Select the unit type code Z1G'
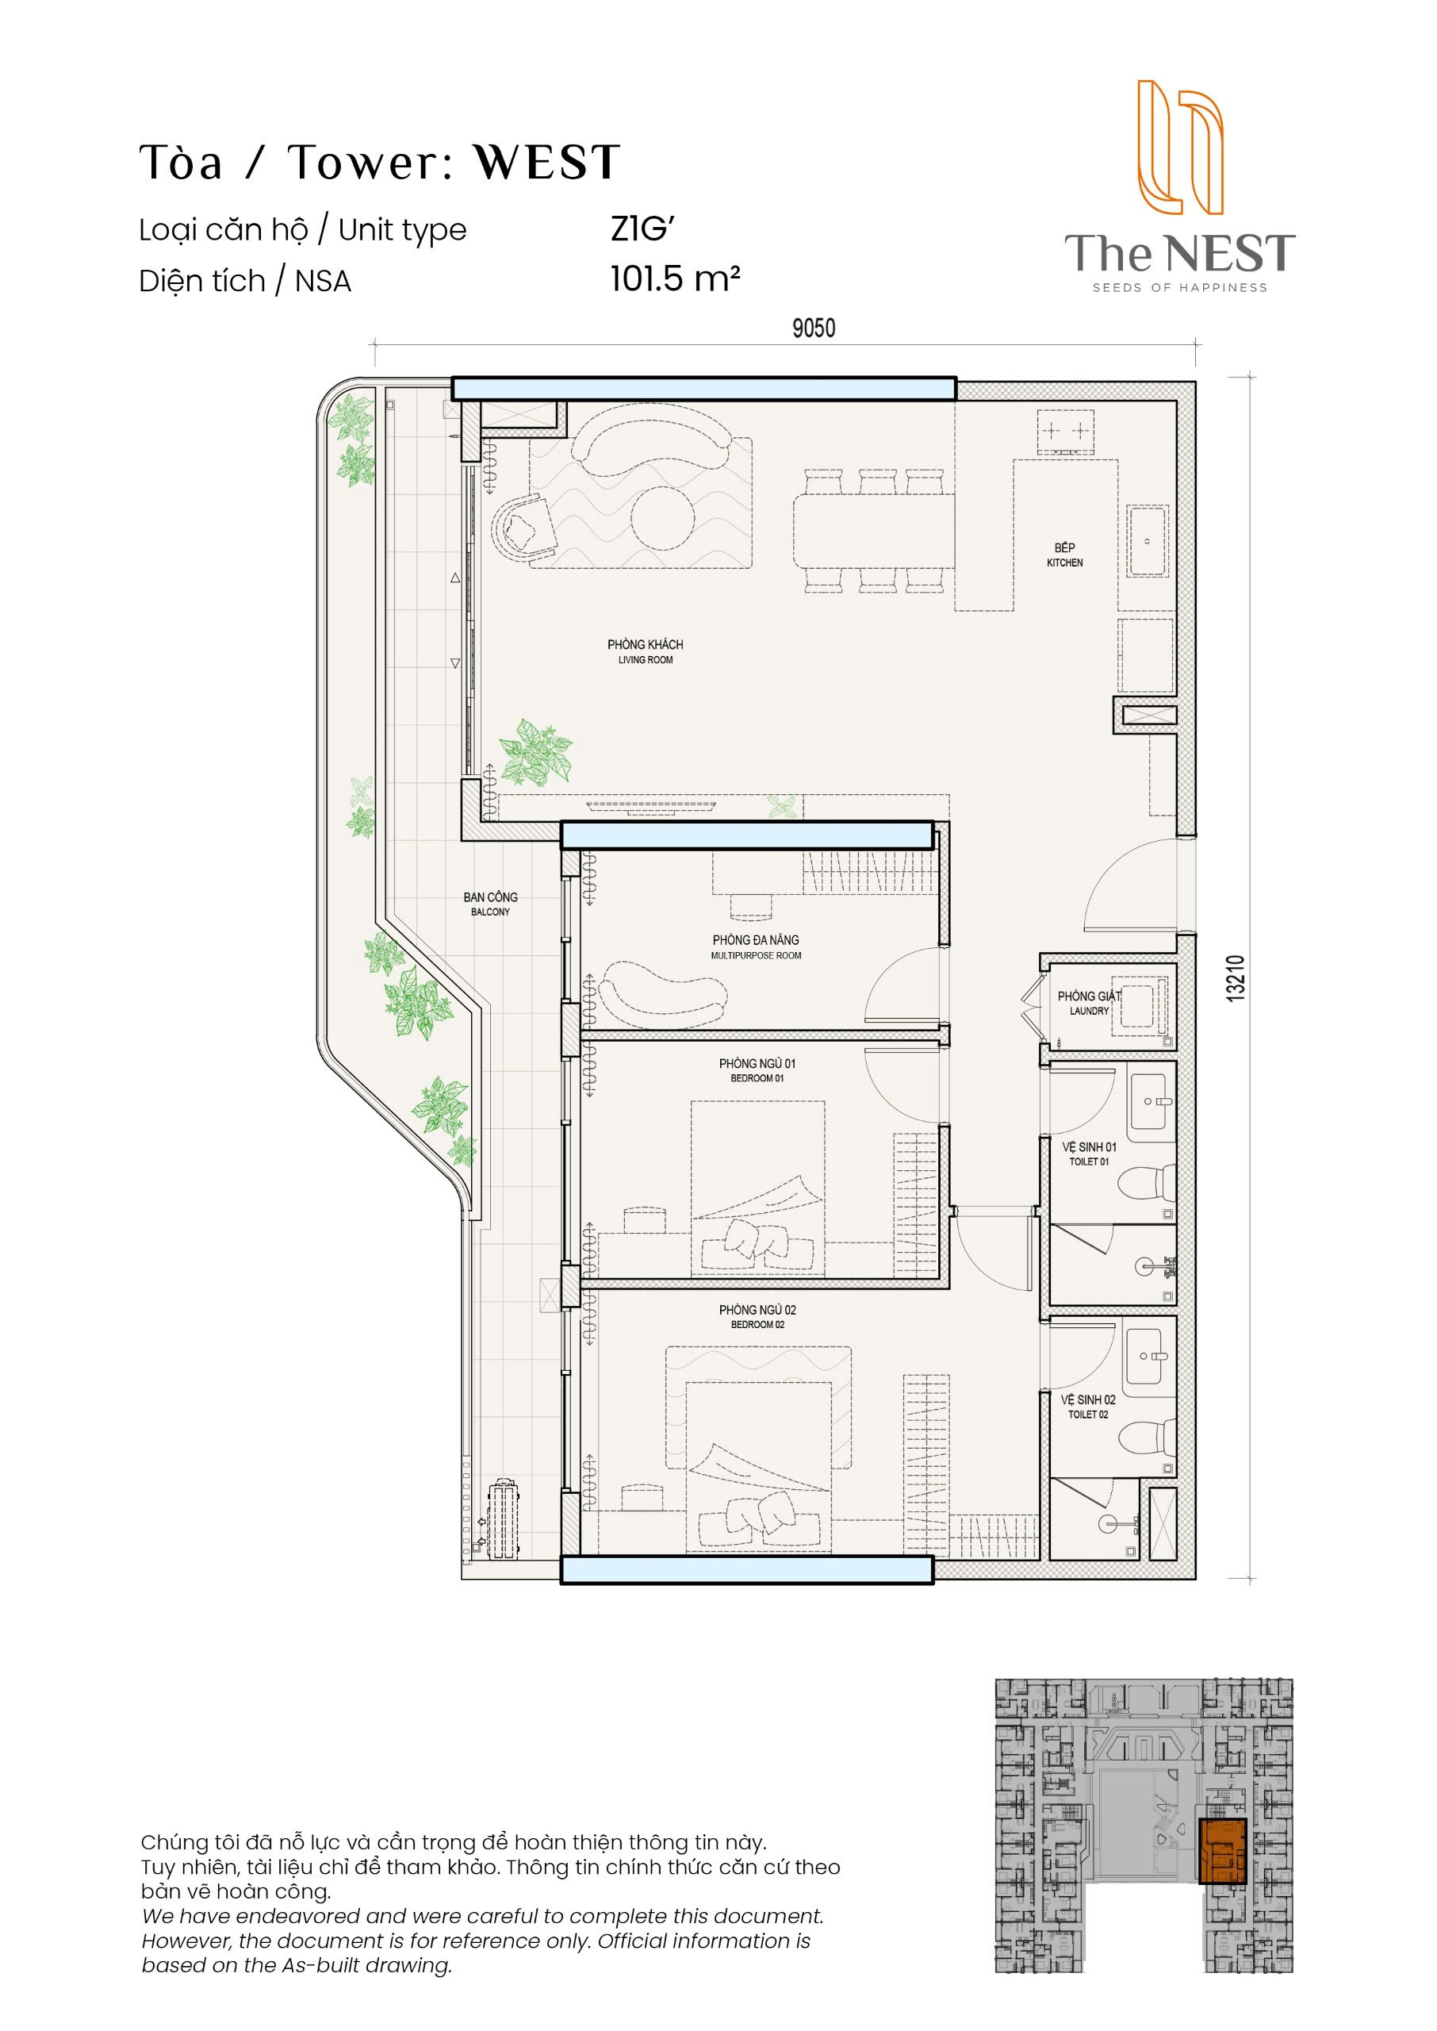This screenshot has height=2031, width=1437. (x=642, y=229)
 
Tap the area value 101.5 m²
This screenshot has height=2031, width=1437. (x=675, y=278)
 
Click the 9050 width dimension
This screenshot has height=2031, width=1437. (x=813, y=328)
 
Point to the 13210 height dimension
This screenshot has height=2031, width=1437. (x=1236, y=978)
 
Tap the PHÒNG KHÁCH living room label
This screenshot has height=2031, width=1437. (x=645, y=651)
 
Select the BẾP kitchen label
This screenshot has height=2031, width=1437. (x=1064, y=555)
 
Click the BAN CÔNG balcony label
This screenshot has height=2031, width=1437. (x=490, y=904)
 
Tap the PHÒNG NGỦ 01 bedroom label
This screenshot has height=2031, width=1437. (x=757, y=1070)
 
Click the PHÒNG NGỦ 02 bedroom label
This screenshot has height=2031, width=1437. (x=757, y=1317)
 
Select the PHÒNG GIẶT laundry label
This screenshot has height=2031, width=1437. (x=1090, y=1003)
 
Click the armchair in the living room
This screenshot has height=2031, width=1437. (x=526, y=528)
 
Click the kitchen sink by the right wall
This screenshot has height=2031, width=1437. (x=1148, y=542)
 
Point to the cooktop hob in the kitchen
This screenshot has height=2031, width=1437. (x=1065, y=432)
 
